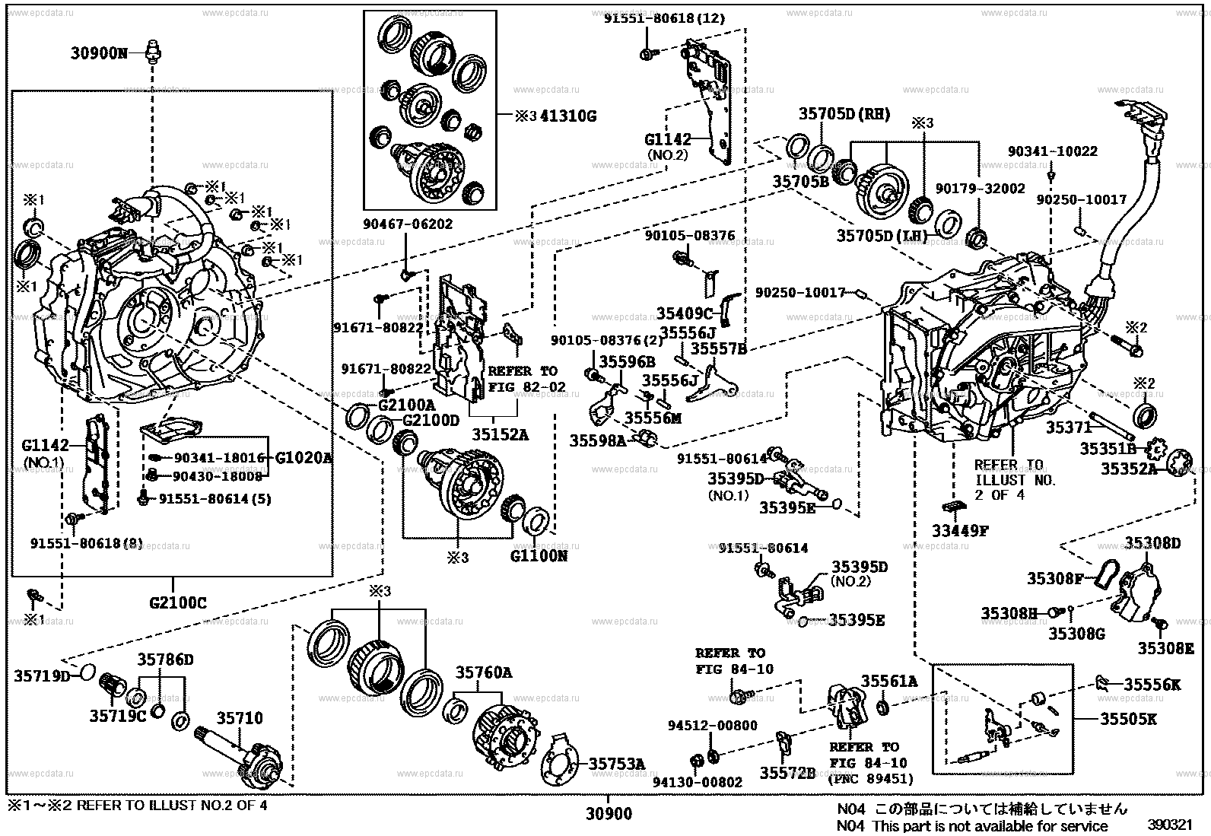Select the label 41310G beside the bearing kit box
567,116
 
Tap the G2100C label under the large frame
177,604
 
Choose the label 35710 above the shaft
239,717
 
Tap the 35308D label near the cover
1152,542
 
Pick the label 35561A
888,681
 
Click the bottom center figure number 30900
609,814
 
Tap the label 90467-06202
407,224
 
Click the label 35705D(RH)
844,114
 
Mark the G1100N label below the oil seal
539,556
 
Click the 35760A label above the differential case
483,672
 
